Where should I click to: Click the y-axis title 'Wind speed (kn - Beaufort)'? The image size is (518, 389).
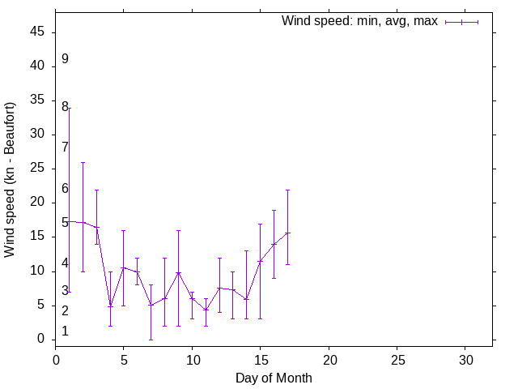click(x=10, y=180)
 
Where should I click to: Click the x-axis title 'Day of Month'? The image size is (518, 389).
click(x=274, y=378)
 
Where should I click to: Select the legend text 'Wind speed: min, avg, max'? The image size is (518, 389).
click(x=359, y=21)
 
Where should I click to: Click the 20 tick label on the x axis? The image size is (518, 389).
click(x=329, y=359)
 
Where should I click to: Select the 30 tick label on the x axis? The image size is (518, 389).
click(x=465, y=359)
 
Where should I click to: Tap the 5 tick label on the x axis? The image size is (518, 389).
click(x=124, y=359)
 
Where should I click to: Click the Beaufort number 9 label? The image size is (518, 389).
click(x=65, y=59)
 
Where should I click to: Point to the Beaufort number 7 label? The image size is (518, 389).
click(x=65, y=147)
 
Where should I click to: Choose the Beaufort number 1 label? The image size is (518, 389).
click(x=65, y=331)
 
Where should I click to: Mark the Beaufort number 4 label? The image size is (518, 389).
click(x=65, y=264)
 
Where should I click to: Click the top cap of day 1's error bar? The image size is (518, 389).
click(x=70, y=108)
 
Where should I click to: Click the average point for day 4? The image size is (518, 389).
click(x=110, y=306)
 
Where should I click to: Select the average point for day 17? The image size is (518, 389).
click(x=287, y=233)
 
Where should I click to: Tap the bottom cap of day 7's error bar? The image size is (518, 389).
click(x=151, y=340)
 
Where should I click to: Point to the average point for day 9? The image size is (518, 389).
click(x=178, y=273)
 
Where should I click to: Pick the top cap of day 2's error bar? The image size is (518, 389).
click(x=83, y=162)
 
